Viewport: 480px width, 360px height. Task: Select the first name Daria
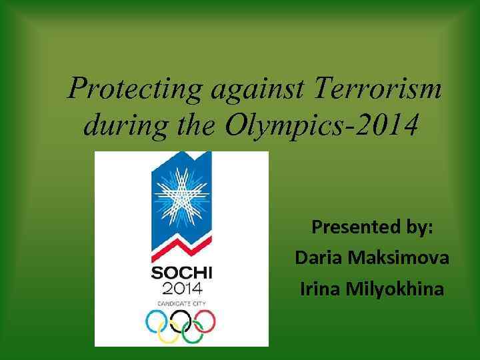coord(317,257)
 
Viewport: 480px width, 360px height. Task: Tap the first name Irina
coord(319,289)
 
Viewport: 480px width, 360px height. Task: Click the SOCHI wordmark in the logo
coord(181,274)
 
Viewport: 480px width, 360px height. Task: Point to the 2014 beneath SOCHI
coord(181,289)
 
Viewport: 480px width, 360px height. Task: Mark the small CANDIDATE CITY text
coord(181,303)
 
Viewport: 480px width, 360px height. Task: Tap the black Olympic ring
coord(181,322)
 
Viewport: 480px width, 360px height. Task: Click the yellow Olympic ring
coord(169,332)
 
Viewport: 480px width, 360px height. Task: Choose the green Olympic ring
coord(193,332)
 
